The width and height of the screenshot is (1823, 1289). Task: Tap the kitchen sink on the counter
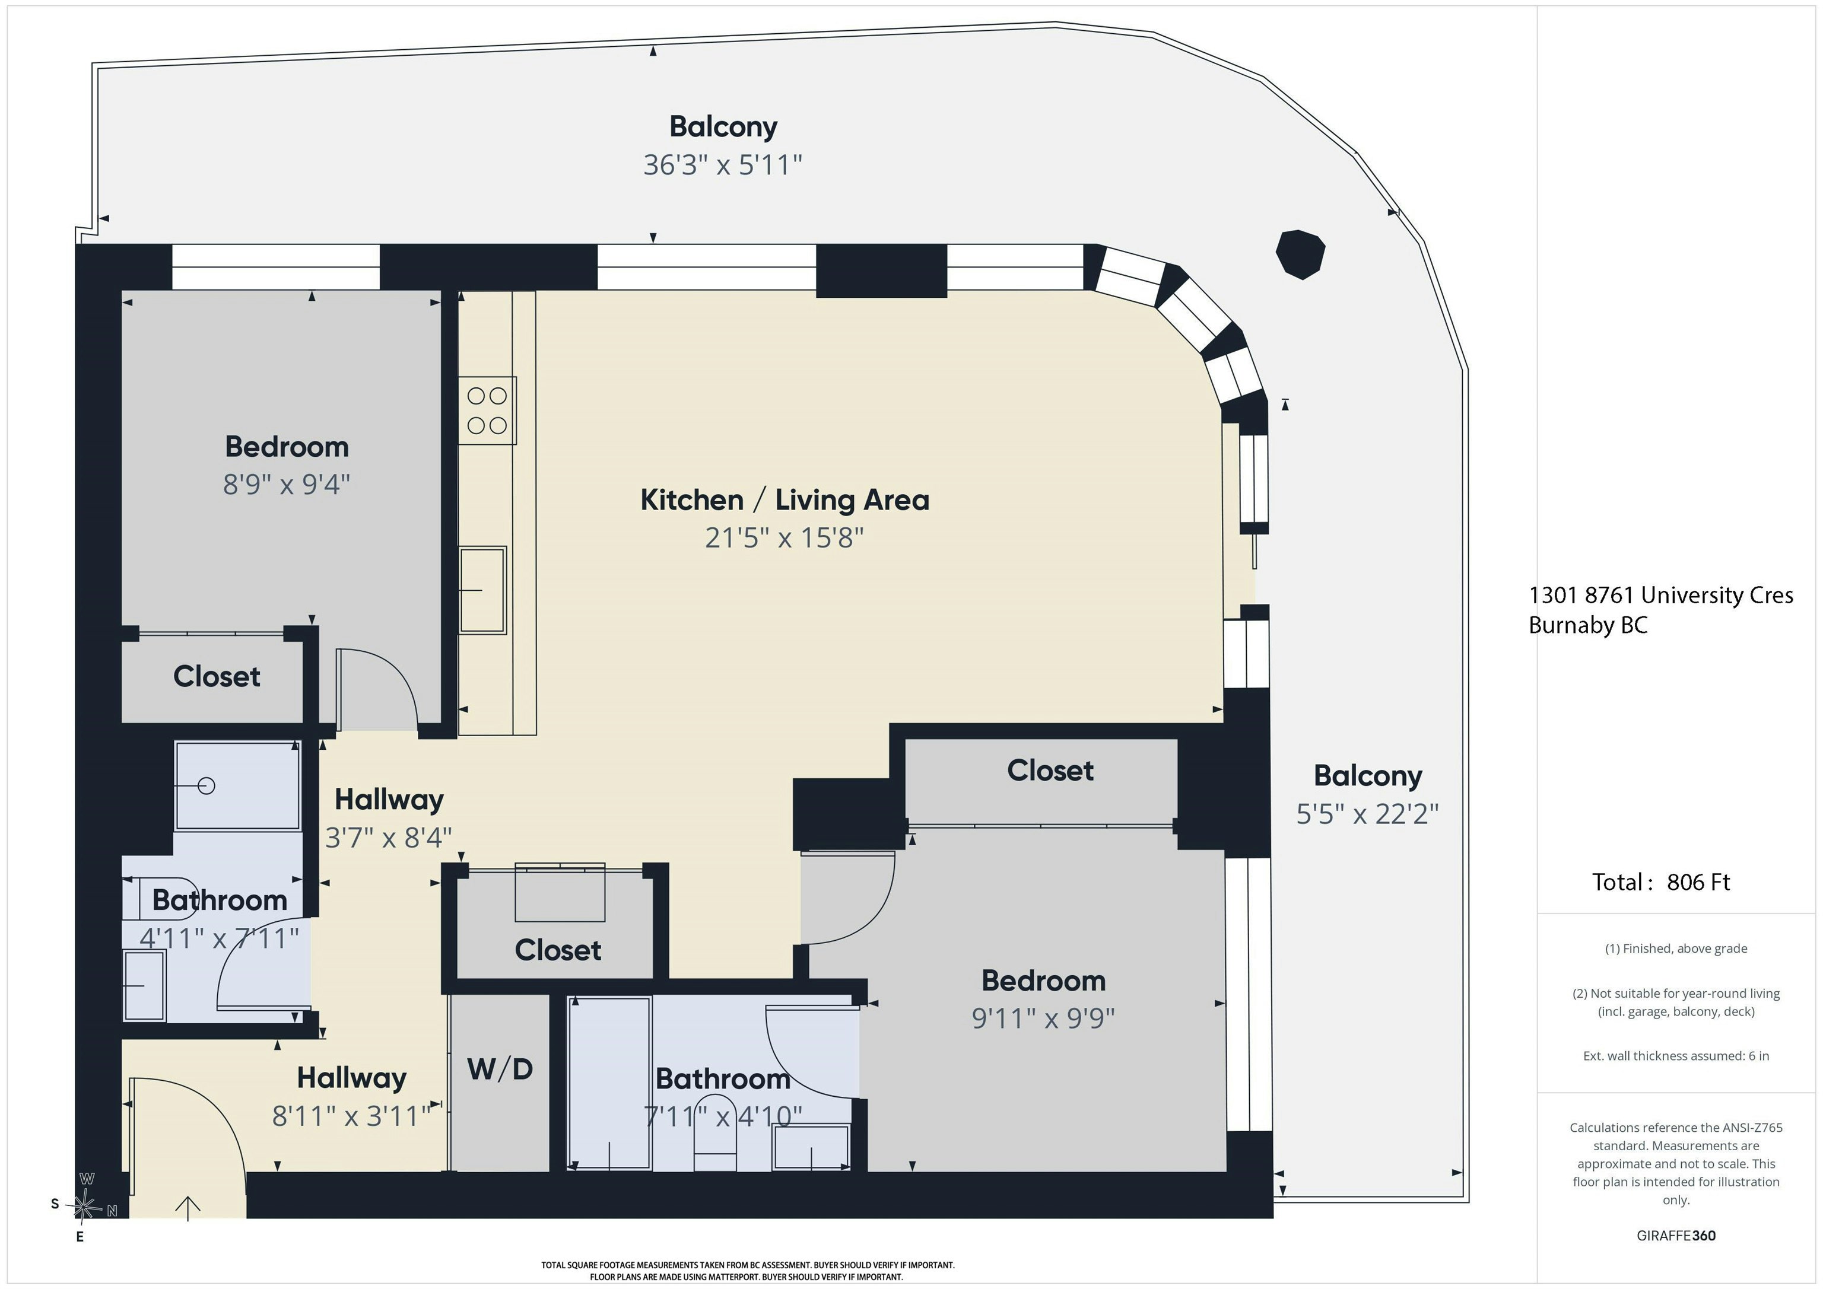tap(482, 590)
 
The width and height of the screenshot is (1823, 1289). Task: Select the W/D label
tap(500, 1069)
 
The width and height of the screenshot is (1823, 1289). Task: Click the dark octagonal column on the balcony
tap(1300, 254)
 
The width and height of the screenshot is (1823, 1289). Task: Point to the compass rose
tap(84, 1207)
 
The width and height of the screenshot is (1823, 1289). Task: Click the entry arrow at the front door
tap(188, 1208)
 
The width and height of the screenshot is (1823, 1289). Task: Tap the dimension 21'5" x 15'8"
tap(784, 538)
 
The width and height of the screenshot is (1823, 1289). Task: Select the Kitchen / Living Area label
tap(785, 500)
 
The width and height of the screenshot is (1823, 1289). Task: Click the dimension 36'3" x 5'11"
tap(723, 165)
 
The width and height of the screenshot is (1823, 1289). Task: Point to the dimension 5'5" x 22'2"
tap(1367, 814)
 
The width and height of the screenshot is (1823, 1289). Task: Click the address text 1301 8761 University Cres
tap(1661, 596)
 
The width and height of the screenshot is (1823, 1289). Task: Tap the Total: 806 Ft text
tap(1661, 883)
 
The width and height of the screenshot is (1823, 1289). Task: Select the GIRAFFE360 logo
tap(1676, 1236)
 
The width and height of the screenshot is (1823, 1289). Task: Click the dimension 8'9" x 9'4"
tap(287, 484)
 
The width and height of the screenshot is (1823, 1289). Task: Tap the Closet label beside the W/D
tap(557, 950)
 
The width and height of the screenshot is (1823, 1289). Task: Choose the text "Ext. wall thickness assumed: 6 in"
tap(1676, 1056)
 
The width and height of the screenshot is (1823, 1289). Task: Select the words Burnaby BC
tap(1588, 625)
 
